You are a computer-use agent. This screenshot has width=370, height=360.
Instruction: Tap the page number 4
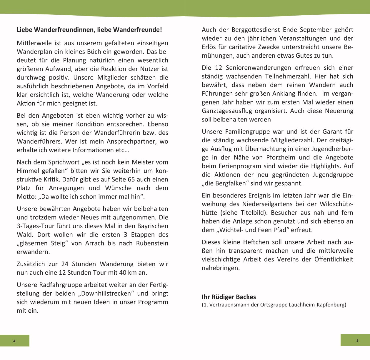(14, 341)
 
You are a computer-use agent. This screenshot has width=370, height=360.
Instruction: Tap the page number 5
(357, 341)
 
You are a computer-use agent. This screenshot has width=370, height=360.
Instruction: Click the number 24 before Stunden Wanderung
(65, 264)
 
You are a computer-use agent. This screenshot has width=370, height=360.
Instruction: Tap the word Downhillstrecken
(106, 294)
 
